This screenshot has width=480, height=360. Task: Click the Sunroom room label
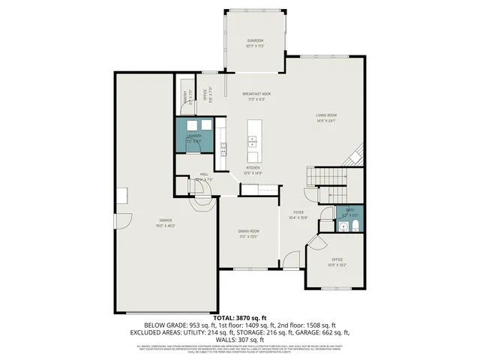coord(255,43)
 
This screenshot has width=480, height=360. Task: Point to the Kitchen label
coord(253,169)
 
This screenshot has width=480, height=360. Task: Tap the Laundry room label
coord(194,138)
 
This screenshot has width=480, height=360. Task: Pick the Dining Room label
coord(249,233)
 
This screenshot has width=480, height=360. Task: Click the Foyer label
coord(298,215)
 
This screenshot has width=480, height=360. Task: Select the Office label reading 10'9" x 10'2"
coord(337,262)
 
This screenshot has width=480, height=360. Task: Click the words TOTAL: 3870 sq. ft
coord(240,319)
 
